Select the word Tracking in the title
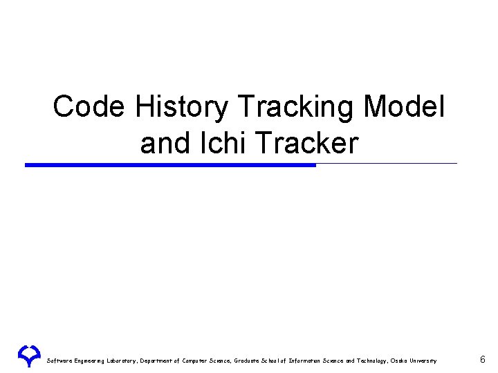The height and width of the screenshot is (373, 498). click(296, 108)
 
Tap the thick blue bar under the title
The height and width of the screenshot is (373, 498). click(170, 165)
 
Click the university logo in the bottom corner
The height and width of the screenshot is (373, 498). click(29, 355)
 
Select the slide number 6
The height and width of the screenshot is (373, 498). click(482, 359)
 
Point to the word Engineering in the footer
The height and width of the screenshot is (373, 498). click(92, 361)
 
